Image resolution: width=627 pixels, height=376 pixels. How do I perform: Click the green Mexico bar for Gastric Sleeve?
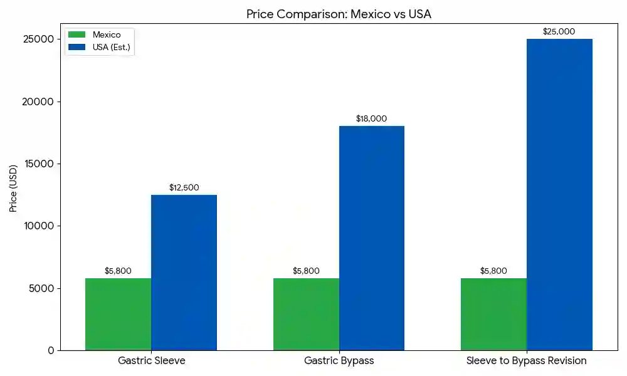(118, 314)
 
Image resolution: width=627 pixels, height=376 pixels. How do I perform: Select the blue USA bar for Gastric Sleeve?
(184, 273)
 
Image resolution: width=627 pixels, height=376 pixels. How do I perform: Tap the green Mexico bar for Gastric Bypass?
(306, 314)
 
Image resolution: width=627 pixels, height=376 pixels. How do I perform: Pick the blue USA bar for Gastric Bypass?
(372, 238)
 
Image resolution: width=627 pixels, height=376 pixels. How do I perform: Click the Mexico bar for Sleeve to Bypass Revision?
(493, 314)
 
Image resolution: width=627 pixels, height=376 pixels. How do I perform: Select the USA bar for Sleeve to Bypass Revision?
(559, 194)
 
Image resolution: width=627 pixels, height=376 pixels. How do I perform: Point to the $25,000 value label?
(559, 31)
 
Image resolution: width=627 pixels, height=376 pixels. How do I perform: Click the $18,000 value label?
(371, 118)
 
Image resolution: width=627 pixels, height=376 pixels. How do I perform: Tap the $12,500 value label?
(184, 187)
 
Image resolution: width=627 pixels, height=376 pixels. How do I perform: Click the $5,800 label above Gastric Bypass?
(306, 271)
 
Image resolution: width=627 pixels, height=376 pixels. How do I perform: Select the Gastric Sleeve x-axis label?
(151, 361)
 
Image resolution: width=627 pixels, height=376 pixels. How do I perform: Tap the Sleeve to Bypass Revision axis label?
(526, 361)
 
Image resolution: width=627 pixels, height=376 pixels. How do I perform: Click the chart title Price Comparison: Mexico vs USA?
(339, 14)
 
